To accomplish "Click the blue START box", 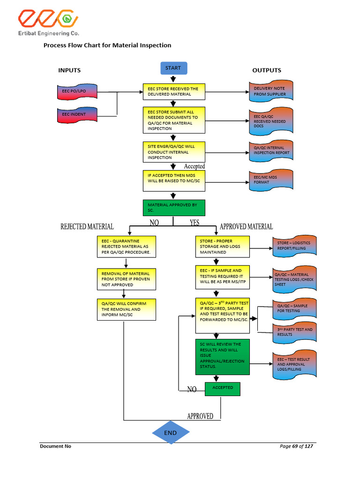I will (173, 68).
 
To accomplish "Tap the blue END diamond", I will (171, 433).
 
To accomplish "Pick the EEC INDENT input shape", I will (77, 114).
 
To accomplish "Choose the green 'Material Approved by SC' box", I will (174, 208).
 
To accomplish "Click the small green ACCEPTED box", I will (223, 388).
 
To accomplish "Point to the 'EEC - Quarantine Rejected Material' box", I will (126, 247).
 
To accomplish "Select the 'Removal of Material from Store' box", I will (126, 279).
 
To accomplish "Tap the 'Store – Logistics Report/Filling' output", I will (294, 246).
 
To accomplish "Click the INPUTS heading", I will (69, 70).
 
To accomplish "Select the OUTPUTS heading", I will (267, 70).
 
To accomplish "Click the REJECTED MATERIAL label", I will (87, 227).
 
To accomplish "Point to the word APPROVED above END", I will (200, 416).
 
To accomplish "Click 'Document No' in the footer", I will (55, 446).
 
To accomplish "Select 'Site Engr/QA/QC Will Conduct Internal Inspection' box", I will (174, 152).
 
